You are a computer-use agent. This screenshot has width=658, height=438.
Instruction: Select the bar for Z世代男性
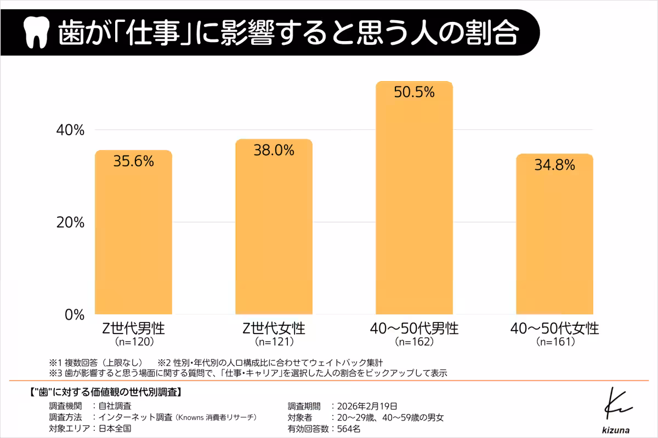pos(134,235)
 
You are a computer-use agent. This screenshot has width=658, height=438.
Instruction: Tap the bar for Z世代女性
pos(274,230)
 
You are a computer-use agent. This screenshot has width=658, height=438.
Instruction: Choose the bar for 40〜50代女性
pos(554,238)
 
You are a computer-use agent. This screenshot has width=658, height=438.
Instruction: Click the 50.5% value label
pos(414,91)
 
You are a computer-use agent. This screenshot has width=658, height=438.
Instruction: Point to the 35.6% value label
pos(134,161)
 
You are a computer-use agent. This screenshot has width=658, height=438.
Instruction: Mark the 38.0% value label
pos(274,150)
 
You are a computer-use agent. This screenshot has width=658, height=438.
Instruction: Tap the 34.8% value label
pos(554,164)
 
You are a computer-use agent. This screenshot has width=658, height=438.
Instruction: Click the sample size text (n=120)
pos(134,342)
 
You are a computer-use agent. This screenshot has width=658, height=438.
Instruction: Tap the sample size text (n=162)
pos(414,342)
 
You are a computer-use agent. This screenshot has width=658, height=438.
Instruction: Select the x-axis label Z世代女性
pos(274,328)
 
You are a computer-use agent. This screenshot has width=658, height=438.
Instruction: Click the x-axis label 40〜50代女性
pos(554,328)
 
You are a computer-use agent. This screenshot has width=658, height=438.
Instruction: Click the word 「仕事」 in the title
pos(152,33)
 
